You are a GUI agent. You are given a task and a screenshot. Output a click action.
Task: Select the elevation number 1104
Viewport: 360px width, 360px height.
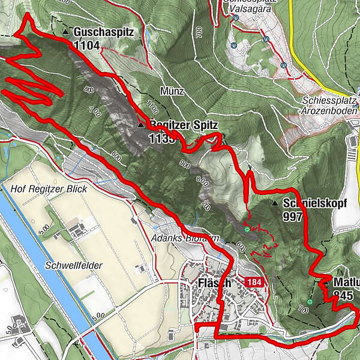(x=88, y=45)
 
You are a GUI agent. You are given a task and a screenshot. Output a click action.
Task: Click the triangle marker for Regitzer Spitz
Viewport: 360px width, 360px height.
(x=141, y=125)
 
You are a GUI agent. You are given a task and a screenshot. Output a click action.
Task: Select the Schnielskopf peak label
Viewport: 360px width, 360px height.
(x=316, y=203)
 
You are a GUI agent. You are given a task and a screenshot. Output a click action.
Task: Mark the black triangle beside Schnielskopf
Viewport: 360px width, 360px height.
(x=275, y=203)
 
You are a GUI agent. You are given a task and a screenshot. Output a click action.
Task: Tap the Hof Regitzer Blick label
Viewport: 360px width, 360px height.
(x=49, y=189)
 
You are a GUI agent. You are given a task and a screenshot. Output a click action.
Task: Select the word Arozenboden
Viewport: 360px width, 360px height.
(x=331, y=110)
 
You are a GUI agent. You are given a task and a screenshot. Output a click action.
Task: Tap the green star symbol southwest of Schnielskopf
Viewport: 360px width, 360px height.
(x=247, y=229)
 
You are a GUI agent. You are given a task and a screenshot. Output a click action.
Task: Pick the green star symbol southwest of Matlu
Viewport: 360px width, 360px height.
(x=310, y=302)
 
